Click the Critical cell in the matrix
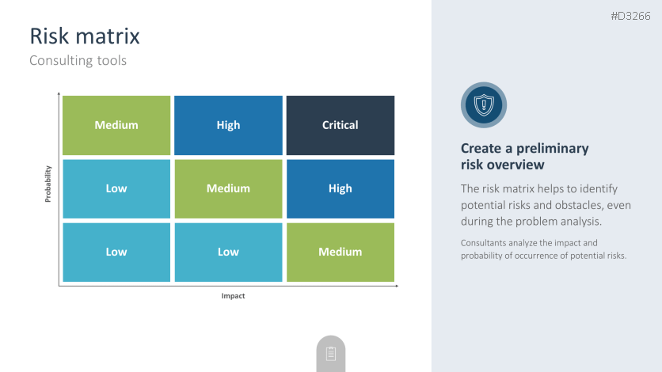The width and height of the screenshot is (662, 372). pyautogui.click(x=341, y=125)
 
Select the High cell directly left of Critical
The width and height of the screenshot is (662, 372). pyautogui.click(x=228, y=125)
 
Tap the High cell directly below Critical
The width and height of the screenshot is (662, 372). pyautogui.click(x=341, y=188)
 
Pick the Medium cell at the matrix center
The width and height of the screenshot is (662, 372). pyautogui.click(x=228, y=188)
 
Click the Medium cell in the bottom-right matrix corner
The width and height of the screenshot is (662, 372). pyautogui.click(x=341, y=252)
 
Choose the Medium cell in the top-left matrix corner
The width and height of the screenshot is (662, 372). pyautogui.click(x=116, y=125)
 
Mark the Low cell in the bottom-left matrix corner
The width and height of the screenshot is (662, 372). pyautogui.click(x=116, y=252)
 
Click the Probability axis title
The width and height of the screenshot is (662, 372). pyautogui.click(x=48, y=184)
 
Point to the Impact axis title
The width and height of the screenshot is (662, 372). pyautogui.click(x=233, y=296)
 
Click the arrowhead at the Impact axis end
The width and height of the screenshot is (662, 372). pyautogui.click(x=397, y=286)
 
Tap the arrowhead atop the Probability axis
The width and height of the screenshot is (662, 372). pyautogui.click(x=59, y=93)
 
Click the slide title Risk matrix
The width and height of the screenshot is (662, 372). pyautogui.click(x=85, y=36)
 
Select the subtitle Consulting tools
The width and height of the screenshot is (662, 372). pyautogui.click(x=78, y=61)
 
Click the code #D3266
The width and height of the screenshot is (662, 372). pyautogui.click(x=631, y=17)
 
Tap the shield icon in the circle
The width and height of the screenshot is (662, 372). pyautogui.click(x=484, y=105)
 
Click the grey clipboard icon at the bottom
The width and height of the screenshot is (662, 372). pyautogui.click(x=331, y=354)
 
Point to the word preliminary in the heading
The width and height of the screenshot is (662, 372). pyautogui.click(x=552, y=149)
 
